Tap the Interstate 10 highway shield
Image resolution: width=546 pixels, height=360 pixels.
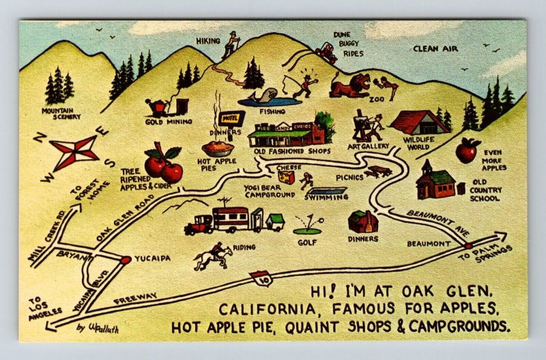click(259, 277)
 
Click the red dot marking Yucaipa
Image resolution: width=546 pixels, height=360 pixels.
click(125, 260)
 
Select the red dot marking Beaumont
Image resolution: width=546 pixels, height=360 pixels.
click(468, 245)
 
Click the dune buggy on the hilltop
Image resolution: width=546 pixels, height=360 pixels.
click(325, 52)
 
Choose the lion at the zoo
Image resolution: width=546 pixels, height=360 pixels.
click(349, 87)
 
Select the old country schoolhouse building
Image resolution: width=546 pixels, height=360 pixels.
click(435, 181)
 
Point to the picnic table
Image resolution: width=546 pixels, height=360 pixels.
click(377, 171)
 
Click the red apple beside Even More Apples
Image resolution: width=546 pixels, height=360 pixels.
click(468, 150)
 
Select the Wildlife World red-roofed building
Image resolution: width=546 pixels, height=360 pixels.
click(419, 123)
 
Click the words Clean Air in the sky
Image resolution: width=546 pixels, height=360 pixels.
click(435, 49)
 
